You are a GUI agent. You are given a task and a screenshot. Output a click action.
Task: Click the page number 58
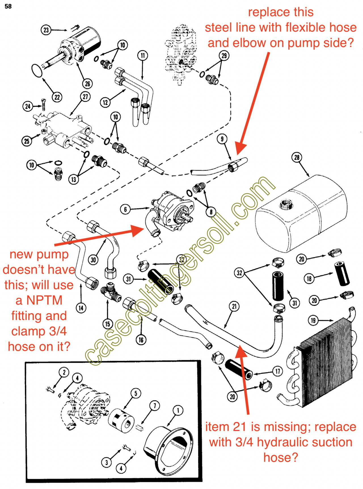tap(8, 6)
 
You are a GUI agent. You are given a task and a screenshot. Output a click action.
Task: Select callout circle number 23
tap(46, 30)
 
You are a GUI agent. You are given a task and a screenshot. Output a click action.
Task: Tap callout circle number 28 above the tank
tap(297, 157)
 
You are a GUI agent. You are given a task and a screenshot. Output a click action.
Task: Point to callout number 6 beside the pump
tap(125, 209)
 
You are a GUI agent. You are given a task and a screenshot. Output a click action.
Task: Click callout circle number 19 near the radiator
tap(313, 320)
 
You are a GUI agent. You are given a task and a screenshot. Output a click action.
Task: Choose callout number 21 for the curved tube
tap(234, 306)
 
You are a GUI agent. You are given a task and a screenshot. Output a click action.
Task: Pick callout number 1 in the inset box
tap(178, 410)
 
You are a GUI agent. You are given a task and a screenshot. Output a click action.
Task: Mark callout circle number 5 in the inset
tap(136, 393)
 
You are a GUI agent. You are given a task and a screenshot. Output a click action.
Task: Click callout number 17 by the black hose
tap(278, 371)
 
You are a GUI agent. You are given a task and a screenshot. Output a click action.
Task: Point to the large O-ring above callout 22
tap(36, 70)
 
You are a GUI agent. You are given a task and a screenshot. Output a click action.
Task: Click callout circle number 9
tap(222, 139)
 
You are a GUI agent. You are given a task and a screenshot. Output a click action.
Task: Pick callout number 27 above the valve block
tap(85, 97)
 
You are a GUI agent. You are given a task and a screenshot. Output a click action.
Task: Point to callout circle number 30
tap(93, 260)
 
